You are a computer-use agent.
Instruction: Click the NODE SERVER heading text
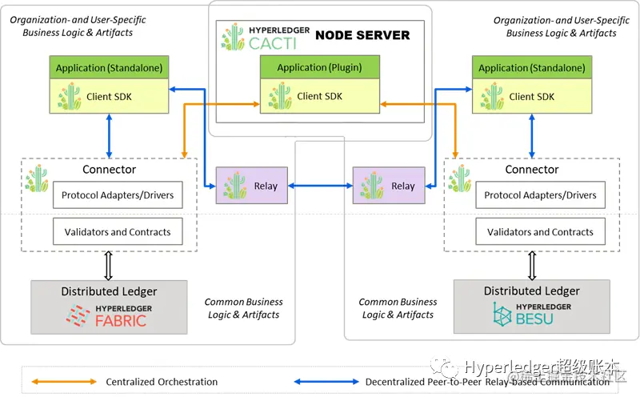[x=362, y=35]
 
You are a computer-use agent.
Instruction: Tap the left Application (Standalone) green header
[x=107, y=68]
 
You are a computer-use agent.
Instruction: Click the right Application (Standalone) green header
[x=531, y=68]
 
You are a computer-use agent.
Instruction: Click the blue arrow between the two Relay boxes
[x=320, y=186]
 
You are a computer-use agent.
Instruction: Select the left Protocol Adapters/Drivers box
[x=117, y=195]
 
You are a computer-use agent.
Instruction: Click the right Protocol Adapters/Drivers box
[x=540, y=195]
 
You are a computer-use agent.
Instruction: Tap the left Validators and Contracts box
[x=117, y=232]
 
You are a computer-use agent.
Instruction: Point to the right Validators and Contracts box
[x=540, y=232]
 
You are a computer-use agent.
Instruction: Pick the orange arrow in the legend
[x=61, y=381]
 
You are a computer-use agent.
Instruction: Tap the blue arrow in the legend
[x=324, y=381]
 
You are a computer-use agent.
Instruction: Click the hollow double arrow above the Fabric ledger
[x=109, y=266]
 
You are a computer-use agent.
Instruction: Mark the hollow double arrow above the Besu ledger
[x=531, y=266]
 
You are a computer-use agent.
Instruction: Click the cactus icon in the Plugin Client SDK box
[x=280, y=97]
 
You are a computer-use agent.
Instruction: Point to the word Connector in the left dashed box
[x=109, y=170]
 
